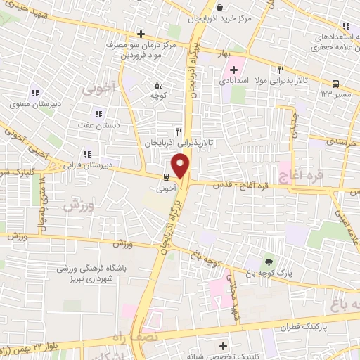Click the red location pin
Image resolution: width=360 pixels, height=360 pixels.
coord(181,165)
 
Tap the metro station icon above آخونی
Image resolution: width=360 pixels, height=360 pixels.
coord(165,176)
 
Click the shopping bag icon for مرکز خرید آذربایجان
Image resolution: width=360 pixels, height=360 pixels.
coord(220,8)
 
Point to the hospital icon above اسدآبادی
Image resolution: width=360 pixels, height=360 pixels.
coord(233,70)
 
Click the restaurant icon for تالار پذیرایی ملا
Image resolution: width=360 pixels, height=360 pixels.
coord(281,70)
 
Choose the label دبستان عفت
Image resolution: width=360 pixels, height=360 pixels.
coord(99,124)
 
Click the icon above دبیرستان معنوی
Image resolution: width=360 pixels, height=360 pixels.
coord(34,93)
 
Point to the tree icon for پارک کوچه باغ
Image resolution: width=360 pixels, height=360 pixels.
coord(266,262)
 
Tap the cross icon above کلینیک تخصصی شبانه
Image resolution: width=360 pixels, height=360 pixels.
coord(223,346)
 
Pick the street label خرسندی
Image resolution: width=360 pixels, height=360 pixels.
coord(342,142)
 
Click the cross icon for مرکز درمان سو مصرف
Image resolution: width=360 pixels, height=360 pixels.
coord(141,34)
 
